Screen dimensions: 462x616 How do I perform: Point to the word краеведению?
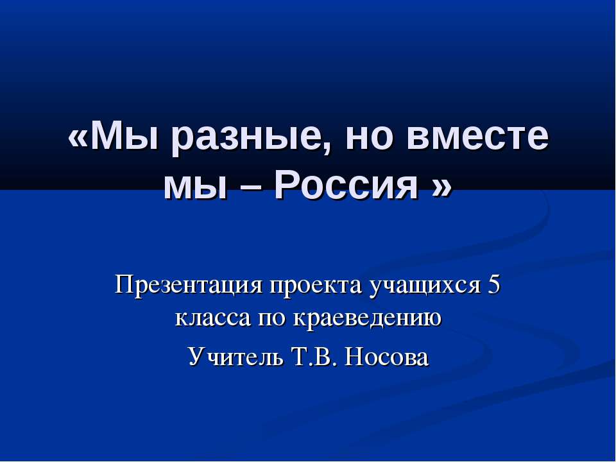coord(367,316)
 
